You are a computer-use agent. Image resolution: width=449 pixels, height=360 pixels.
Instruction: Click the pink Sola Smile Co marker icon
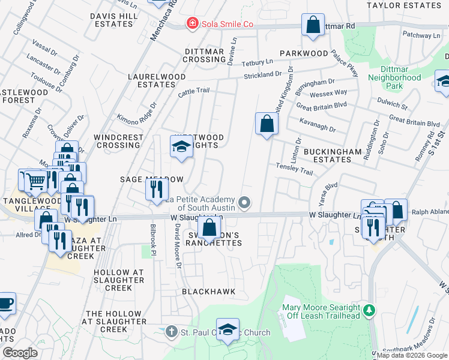coord(192,24)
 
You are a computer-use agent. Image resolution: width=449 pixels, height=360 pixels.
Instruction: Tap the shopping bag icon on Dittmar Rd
coord(313,26)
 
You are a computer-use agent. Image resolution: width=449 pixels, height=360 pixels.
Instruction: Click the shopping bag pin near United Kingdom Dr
coord(266,124)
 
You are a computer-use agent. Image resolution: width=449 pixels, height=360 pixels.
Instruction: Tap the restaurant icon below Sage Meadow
coord(155,190)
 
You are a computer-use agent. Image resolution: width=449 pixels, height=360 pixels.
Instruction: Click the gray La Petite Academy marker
coord(244,203)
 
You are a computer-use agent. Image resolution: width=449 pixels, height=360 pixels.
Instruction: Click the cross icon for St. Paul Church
coord(171,332)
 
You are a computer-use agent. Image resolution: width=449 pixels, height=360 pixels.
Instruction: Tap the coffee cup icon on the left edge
coord(5,304)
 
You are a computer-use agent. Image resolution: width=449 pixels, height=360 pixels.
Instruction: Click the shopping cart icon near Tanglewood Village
coord(36,179)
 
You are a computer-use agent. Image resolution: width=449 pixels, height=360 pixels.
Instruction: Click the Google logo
coord(20,353)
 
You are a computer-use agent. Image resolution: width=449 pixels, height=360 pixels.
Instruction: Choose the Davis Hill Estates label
coord(111,20)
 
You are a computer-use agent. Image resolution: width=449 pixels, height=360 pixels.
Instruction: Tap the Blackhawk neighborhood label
coord(208,292)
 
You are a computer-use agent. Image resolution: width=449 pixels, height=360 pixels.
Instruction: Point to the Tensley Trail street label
coord(294,170)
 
